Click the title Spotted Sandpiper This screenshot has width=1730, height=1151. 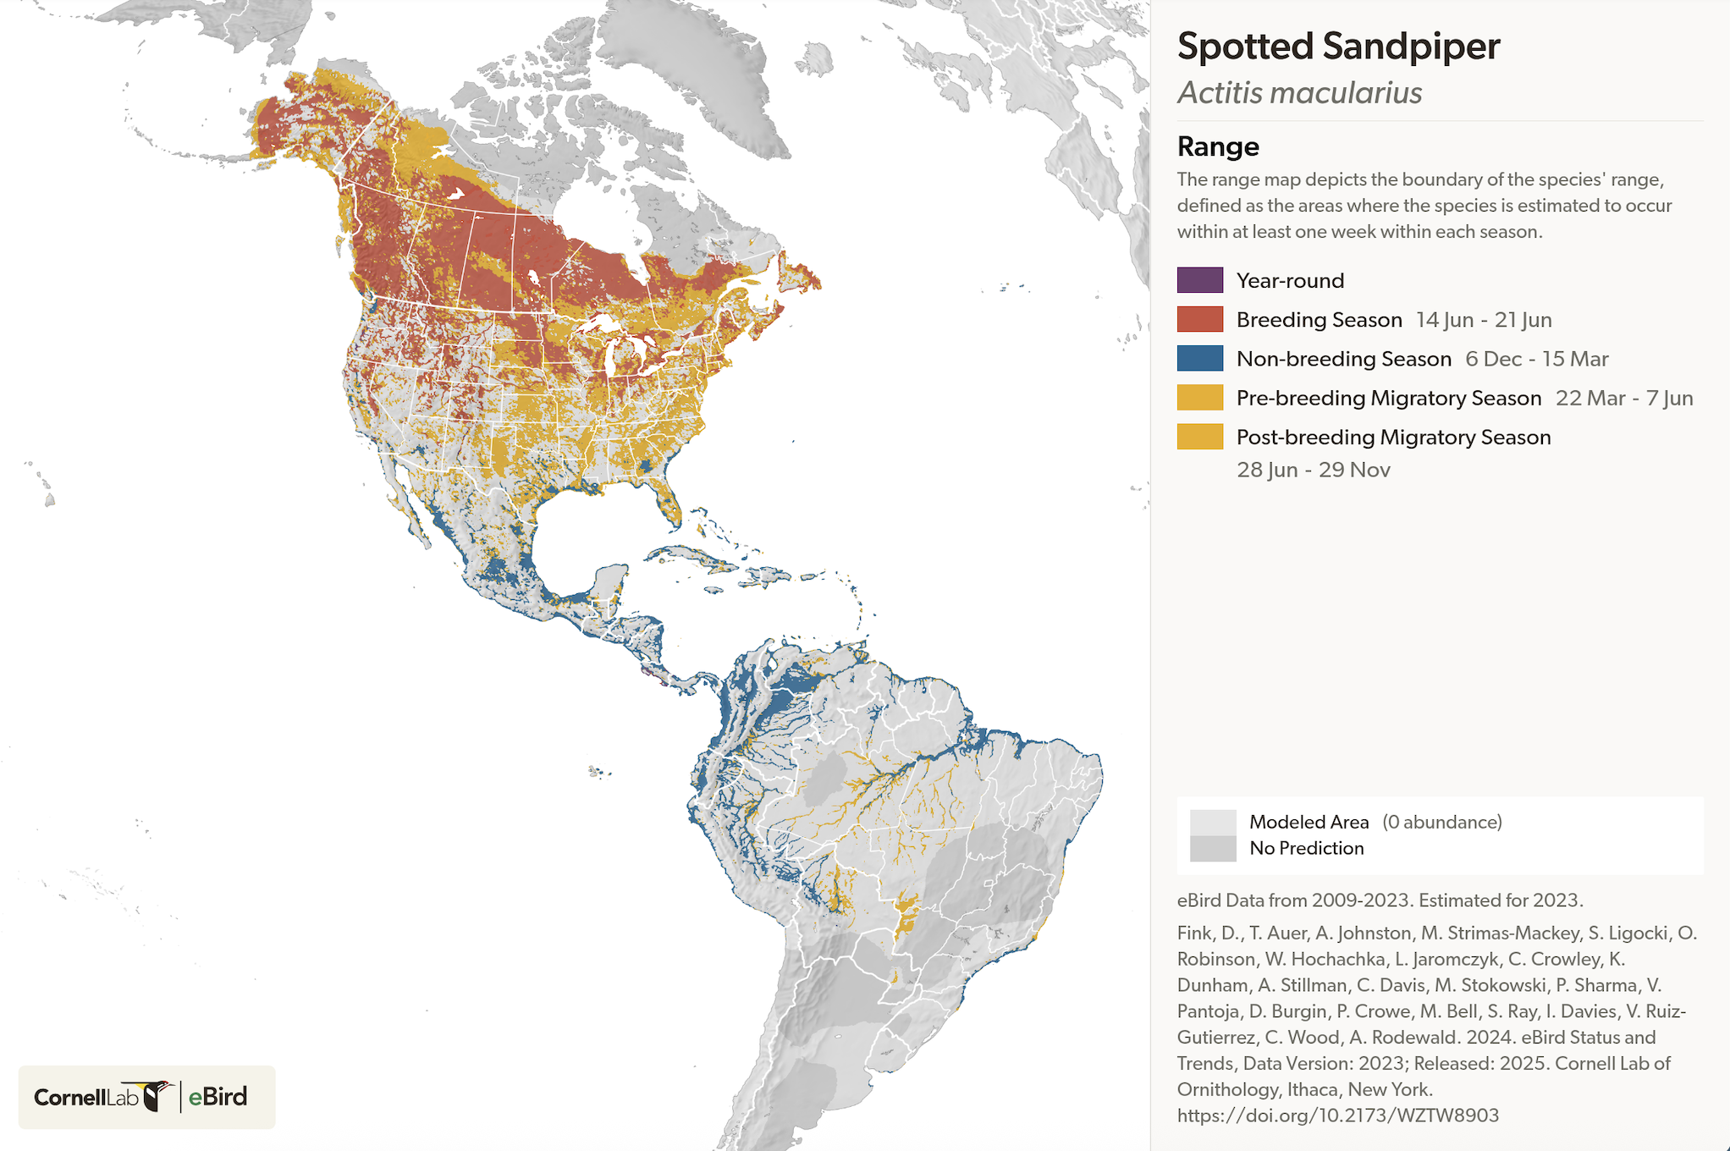click(x=1337, y=47)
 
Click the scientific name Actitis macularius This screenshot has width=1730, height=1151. click(x=1299, y=93)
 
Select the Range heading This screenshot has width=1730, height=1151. click(x=1217, y=146)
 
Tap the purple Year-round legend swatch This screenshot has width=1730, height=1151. click(x=1199, y=280)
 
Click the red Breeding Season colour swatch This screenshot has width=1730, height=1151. click(x=1199, y=319)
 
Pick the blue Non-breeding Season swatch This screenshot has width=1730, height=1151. click(x=1199, y=358)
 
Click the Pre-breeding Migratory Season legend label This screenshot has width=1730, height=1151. click(x=1388, y=398)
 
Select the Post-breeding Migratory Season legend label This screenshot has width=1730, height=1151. click(x=1393, y=437)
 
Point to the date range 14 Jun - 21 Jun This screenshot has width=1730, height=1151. click(x=1483, y=320)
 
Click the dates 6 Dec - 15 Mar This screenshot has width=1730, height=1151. click(x=1536, y=359)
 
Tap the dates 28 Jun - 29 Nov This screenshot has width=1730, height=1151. click(x=1313, y=470)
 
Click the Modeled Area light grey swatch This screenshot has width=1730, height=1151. click(x=1212, y=822)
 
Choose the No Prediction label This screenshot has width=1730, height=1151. click(x=1306, y=848)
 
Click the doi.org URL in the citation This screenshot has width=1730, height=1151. click(x=1337, y=1115)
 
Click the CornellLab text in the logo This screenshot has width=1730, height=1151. click(x=85, y=1098)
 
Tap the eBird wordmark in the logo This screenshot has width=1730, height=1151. click(x=218, y=1097)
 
